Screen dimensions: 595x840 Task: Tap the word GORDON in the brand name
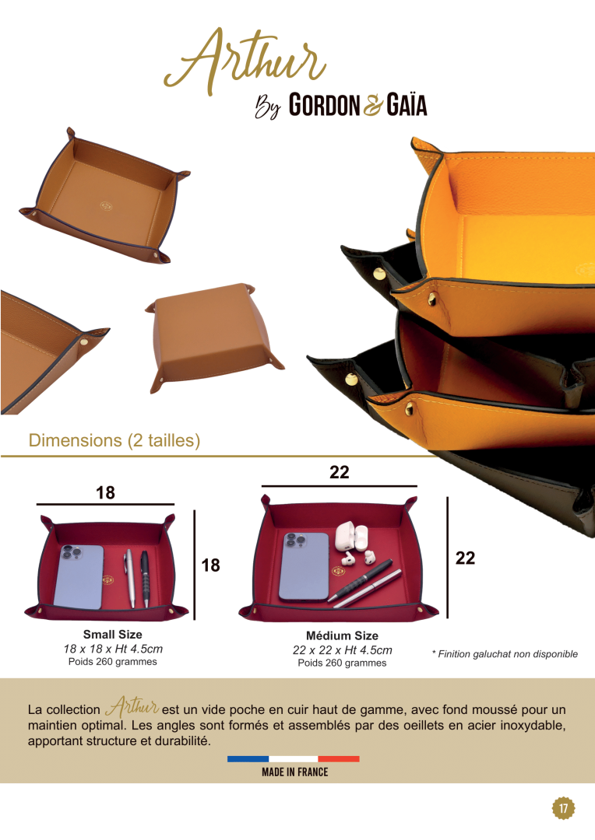[x=324, y=104]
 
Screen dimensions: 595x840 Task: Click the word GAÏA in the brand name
[x=407, y=104]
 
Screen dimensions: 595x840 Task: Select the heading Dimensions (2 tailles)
[x=114, y=440]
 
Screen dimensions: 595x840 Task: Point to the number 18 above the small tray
[x=105, y=493]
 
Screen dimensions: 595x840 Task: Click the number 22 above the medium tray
[x=339, y=472]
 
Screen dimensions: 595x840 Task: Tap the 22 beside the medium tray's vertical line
[x=465, y=558]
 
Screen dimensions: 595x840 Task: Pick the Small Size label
[x=113, y=635]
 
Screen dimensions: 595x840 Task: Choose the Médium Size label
[x=343, y=635]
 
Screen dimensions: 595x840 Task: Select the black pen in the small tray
[x=145, y=579]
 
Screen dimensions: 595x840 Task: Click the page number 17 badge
[x=563, y=808]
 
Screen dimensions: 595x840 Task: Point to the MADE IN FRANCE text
[x=295, y=772]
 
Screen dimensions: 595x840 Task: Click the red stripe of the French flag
[x=339, y=758]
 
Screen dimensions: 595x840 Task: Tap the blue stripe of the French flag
[x=248, y=758]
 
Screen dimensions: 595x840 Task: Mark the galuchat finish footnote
[x=505, y=654]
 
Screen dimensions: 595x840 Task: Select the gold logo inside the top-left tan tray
[x=106, y=205]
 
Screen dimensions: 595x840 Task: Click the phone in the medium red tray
[x=305, y=566]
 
